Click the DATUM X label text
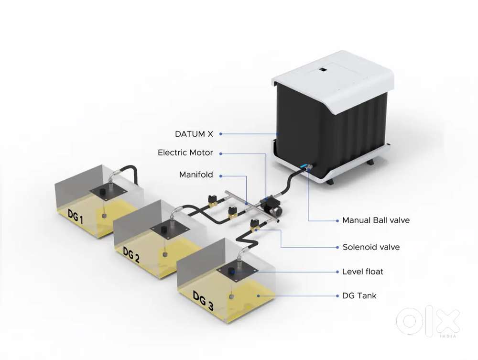coord(194,134)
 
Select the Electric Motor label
coord(185,153)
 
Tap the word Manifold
coord(196,175)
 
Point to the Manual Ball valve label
coord(376,220)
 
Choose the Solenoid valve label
coord(371,247)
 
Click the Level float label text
coord(363,272)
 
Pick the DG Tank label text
coord(359,295)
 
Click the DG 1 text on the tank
coord(75,216)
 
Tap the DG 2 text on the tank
coord(131,255)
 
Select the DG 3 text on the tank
coord(203,301)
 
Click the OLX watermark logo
coord(428,321)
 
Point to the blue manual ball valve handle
coord(304,166)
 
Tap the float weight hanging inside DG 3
coord(232,296)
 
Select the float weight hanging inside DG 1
coord(104,216)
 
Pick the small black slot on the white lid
coord(323,70)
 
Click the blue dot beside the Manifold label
coord(221,176)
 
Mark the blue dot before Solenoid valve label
coord(337,247)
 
